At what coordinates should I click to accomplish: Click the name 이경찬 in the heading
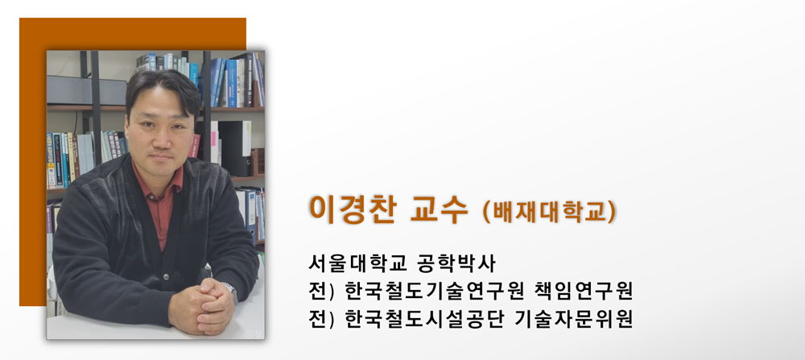pos(352,209)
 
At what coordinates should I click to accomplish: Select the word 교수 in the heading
pos(439,209)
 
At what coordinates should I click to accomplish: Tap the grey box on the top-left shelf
pos(86,90)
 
